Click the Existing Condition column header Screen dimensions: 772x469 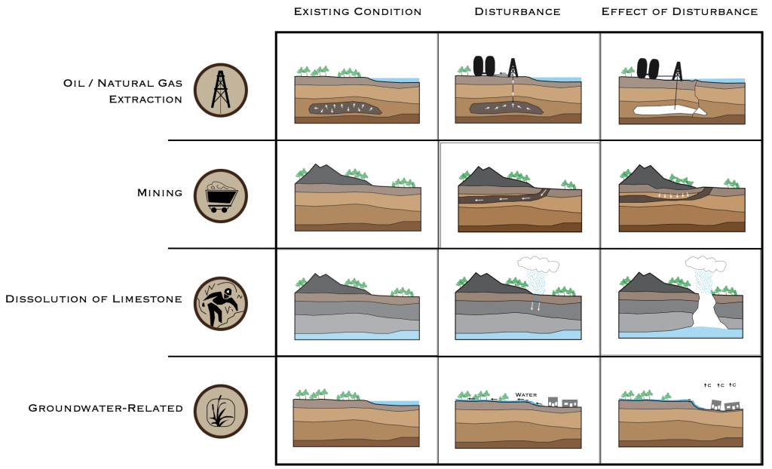357,11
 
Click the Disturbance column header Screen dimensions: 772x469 517,11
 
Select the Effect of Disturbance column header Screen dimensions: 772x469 679,11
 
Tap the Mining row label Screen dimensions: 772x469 160,192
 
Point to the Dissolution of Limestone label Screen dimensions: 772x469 93,299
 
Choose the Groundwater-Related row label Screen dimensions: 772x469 106,408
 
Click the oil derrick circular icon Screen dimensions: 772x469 221,90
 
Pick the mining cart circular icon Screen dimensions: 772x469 221,196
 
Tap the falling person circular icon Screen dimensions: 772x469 221,303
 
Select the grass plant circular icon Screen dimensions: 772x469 221,412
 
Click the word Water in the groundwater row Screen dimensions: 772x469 525,394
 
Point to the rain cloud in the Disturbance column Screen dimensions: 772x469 538,264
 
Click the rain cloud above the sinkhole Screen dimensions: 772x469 706,264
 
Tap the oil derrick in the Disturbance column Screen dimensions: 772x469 513,68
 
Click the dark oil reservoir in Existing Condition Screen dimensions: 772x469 345,109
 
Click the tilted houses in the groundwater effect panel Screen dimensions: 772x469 726,406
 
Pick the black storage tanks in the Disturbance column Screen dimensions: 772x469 484,66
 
